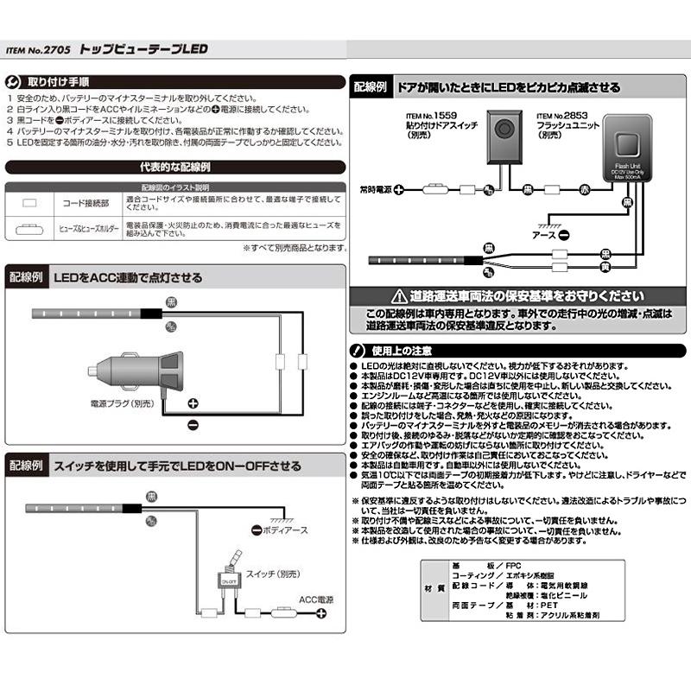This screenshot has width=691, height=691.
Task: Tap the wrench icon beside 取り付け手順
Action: click(x=12, y=83)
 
